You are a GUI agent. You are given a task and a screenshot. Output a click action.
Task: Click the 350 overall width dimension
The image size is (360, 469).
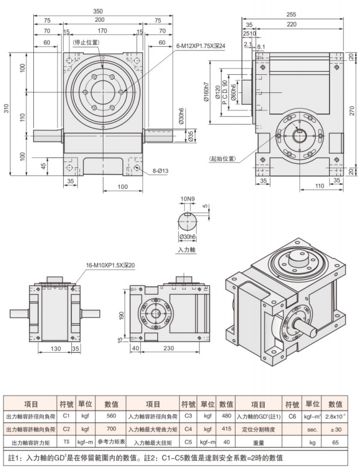click(x=102, y=11)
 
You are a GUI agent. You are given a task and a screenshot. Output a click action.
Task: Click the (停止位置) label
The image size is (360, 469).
click(x=85, y=43)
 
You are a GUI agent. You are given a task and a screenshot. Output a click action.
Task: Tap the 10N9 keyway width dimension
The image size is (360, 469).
click(x=188, y=199)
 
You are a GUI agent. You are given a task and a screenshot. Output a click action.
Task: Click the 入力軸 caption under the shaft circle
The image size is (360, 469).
click(x=187, y=250)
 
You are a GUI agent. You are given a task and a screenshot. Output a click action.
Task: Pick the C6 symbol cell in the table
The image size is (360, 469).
click(x=292, y=417)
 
